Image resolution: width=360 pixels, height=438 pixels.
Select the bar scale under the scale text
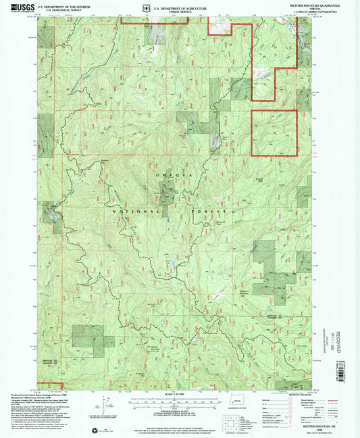177,404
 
